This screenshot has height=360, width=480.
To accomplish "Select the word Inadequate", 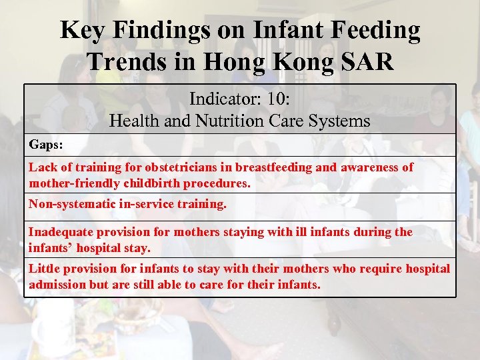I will pos(60,232).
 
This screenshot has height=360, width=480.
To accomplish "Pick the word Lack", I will pos(41,167).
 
